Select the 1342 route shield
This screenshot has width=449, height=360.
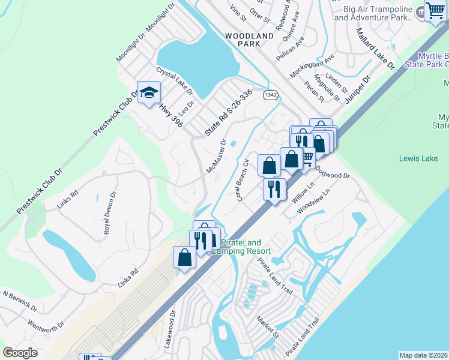pyautogui.click(x=270, y=95)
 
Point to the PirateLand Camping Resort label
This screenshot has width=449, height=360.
pyautogui.click(x=246, y=247)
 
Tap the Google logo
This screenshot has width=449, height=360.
pyautogui.click(x=20, y=352)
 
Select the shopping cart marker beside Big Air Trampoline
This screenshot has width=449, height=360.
pyautogui.click(x=435, y=11)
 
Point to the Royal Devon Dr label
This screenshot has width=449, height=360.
pyautogui.click(x=109, y=212)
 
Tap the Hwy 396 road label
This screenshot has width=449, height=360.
pyautogui.click(x=170, y=115)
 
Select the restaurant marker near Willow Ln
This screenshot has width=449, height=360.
pyautogui.click(x=274, y=189)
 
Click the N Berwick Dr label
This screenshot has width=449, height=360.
pyautogui.click(x=20, y=301)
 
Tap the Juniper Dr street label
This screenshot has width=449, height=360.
pyautogui.click(x=359, y=86)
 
